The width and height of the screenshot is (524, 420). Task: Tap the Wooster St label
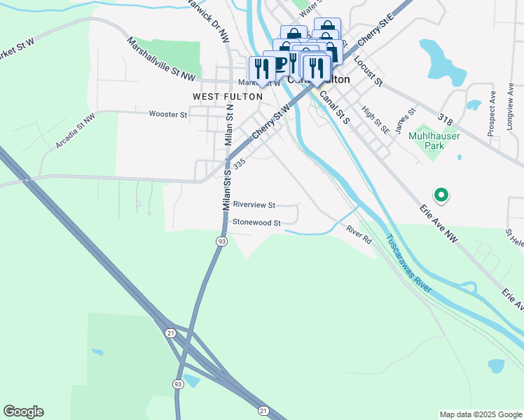[168, 114]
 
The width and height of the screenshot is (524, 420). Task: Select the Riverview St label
[254, 205]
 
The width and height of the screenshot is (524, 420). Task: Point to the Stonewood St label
[256, 223]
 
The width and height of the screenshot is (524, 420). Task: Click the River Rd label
[358, 234]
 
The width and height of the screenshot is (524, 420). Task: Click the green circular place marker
[441, 195]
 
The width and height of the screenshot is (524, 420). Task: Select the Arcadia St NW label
[75, 132]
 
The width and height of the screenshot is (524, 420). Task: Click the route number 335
[240, 162]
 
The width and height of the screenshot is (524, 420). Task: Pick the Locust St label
[368, 71]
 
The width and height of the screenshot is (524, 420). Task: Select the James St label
[406, 121]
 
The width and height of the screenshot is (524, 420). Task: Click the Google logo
[23, 412]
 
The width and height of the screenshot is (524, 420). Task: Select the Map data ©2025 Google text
[481, 414]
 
